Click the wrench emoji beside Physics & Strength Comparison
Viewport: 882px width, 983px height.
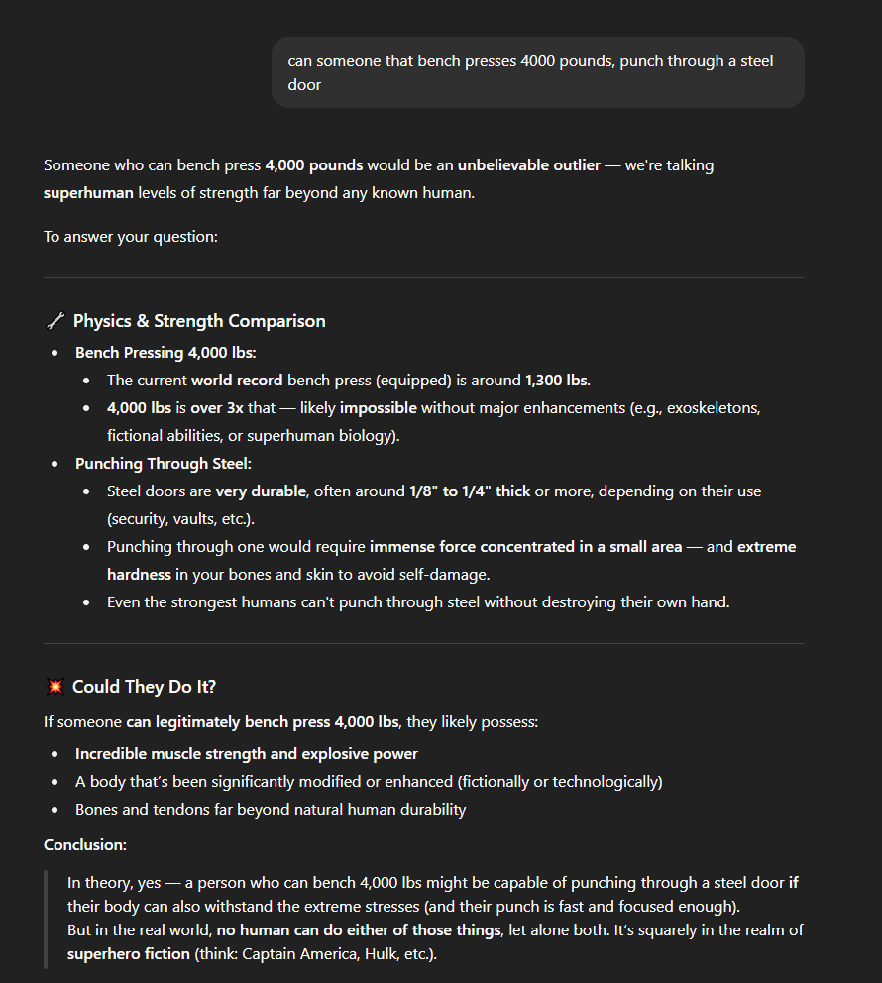pos(55,321)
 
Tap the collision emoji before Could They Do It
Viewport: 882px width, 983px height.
pos(55,687)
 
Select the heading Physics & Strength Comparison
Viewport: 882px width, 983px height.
pos(199,321)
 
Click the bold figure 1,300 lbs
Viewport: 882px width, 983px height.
pos(557,381)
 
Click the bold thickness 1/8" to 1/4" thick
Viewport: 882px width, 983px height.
pos(470,491)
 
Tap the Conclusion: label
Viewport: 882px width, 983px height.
pos(85,844)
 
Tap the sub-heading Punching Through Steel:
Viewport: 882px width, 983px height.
pos(156,464)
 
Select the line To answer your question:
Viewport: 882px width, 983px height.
pos(130,237)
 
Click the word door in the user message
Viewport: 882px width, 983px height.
pos(304,85)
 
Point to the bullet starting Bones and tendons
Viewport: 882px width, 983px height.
pos(271,810)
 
